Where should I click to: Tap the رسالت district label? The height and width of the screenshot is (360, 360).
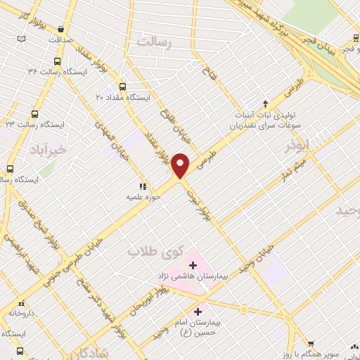pos(155,43)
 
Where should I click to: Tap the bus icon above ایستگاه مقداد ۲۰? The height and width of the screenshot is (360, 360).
pos(123,86)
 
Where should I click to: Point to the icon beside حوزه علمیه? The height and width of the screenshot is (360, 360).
pos(143,186)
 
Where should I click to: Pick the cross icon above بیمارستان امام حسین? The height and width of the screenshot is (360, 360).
pos(198,311)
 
